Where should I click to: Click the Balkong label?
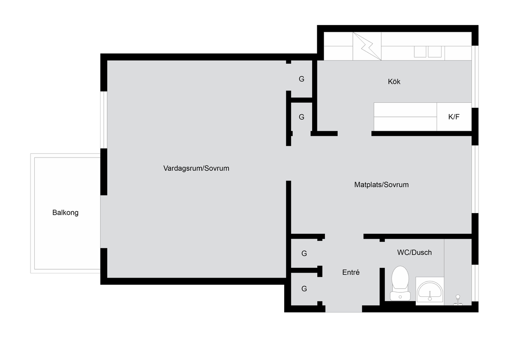(x=65, y=213)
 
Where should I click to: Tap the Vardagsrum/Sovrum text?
(x=196, y=168)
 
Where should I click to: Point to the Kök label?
(x=394, y=82)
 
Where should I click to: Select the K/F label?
(x=454, y=117)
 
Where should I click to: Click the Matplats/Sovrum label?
(x=381, y=185)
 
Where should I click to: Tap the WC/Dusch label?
(x=414, y=253)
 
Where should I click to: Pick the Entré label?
(x=351, y=272)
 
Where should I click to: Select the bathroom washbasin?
(x=430, y=291)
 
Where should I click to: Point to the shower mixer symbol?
(x=458, y=300)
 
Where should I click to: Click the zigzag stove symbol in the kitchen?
(x=367, y=46)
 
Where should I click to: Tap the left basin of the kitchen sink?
(x=420, y=52)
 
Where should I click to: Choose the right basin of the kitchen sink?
(x=435, y=52)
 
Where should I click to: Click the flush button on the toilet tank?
(x=400, y=297)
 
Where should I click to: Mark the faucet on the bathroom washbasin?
(x=430, y=296)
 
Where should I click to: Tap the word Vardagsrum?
(x=183, y=168)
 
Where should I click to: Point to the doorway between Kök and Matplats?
(x=355, y=133)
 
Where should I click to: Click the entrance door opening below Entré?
(x=344, y=309)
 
